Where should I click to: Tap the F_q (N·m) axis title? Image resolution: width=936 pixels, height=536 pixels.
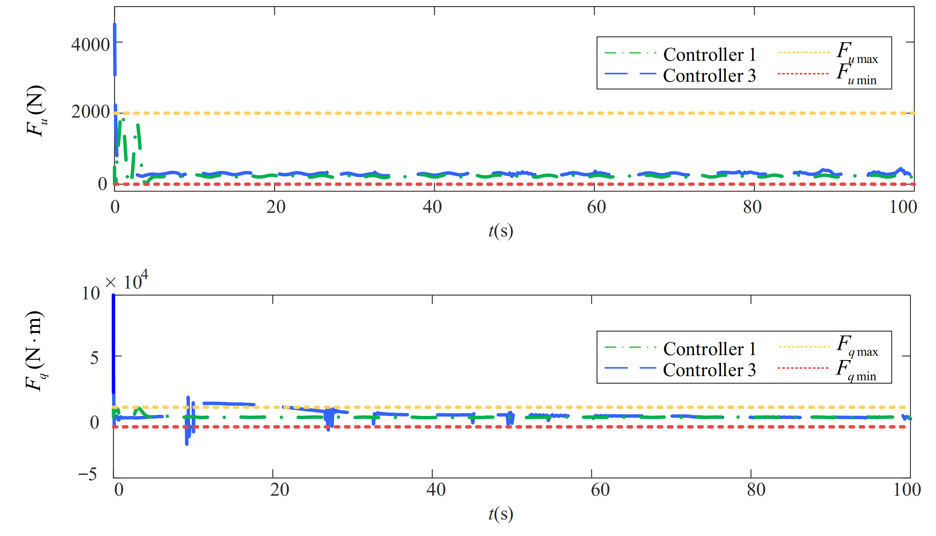(x=35, y=351)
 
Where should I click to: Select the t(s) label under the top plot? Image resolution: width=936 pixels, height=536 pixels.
(x=501, y=231)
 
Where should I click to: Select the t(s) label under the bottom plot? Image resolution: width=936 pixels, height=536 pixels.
(x=501, y=514)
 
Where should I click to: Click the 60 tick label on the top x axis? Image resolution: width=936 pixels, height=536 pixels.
(x=596, y=207)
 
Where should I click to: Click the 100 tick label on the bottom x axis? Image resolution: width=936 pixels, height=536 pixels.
(x=907, y=490)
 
